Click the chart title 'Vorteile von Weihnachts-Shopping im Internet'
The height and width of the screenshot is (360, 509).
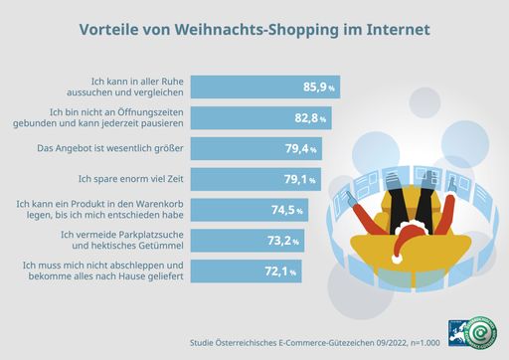254,30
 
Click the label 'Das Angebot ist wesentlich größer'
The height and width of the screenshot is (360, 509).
120,149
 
